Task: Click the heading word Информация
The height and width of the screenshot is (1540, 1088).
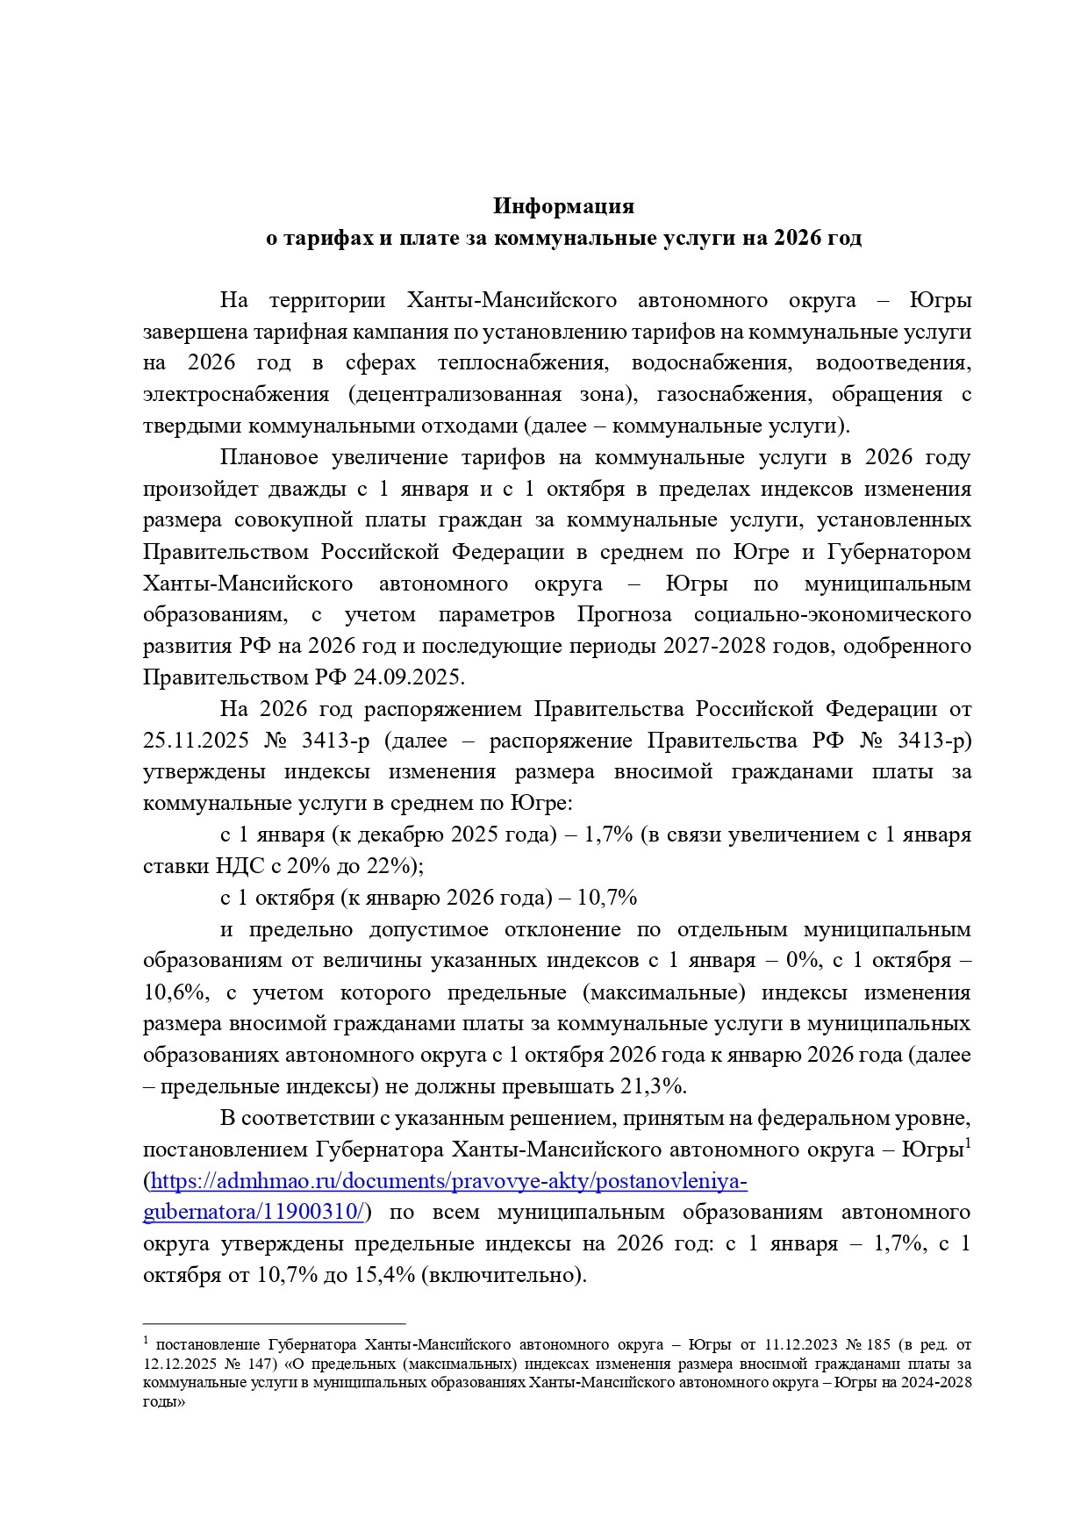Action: (562, 206)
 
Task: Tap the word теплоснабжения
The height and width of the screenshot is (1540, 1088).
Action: (523, 363)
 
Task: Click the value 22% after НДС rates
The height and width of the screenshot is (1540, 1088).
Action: (387, 866)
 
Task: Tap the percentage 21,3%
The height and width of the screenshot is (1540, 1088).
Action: (652, 1086)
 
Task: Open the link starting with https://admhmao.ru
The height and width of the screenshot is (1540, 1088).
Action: (448, 1181)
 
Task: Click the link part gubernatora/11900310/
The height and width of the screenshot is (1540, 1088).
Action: (254, 1213)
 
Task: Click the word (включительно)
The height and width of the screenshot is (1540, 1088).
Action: (504, 1275)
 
